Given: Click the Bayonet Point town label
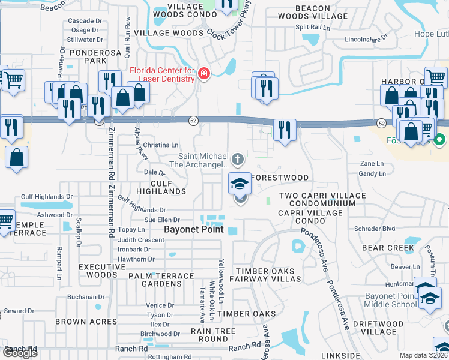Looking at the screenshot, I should [194, 230].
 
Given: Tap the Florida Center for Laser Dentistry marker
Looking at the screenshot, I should [204, 74].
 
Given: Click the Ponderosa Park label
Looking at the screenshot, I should [88, 56].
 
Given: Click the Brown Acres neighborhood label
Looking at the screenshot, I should [79, 322].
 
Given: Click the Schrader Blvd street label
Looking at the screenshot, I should [375, 229].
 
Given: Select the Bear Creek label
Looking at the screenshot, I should [388, 248].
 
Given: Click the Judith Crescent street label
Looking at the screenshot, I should [141, 239].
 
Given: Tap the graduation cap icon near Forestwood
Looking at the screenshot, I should [240, 182].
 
